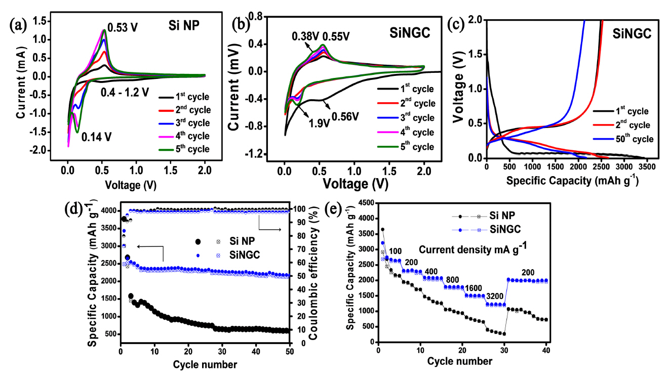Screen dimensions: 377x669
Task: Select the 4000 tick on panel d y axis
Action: tap(107, 211)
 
